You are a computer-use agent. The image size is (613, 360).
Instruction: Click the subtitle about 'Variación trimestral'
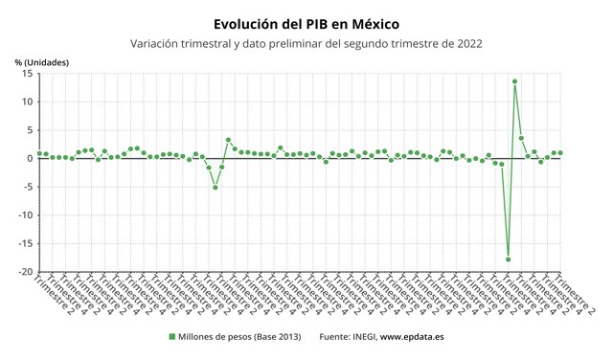click(306, 43)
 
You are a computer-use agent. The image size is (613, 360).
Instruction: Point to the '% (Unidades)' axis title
click(42, 63)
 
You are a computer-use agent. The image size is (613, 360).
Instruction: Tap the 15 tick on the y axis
click(28, 74)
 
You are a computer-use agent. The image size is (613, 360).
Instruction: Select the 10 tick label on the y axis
click(28, 101)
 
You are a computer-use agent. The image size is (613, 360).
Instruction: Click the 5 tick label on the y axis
click(30, 130)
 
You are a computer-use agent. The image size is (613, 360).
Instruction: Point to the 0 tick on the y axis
click(30, 158)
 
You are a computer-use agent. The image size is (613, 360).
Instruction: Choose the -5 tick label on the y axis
click(28, 187)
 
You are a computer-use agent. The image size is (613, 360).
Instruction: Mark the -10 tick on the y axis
click(26, 215)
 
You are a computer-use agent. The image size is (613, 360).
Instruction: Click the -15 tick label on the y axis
click(26, 243)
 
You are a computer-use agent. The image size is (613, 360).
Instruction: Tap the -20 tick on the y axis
click(26, 272)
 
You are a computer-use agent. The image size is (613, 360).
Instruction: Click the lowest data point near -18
click(509, 259)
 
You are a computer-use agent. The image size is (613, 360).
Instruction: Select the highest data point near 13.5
click(515, 81)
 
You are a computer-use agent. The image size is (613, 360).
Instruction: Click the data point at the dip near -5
click(216, 188)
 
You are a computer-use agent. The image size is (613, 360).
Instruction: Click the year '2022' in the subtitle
click(468, 43)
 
